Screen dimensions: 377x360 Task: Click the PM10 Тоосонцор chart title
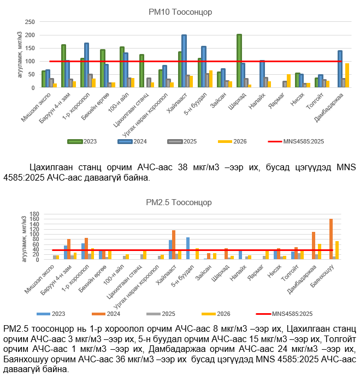(180, 12)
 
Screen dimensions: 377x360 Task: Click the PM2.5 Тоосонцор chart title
(180, 202)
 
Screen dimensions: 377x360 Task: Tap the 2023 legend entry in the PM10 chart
(85, 141)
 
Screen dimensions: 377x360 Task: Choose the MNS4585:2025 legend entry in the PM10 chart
(298, 141)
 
